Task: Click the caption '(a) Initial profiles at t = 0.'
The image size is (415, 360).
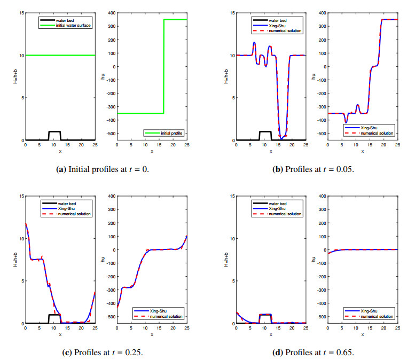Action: (103, 169)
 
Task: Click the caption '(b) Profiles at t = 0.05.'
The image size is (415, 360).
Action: (313, 169)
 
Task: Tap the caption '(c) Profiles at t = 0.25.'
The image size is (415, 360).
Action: (103, 353)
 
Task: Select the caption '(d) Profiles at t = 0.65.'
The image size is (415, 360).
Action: (313, 353)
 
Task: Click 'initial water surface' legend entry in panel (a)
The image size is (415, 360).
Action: (73, 26)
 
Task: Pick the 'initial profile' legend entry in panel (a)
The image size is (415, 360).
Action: (171, 133)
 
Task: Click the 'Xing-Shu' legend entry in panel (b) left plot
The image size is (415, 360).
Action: (277, 26)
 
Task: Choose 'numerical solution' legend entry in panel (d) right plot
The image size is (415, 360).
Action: (377, 316)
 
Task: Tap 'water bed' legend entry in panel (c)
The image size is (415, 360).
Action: (67, 204)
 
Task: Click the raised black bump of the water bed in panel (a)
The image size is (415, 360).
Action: (54, 131)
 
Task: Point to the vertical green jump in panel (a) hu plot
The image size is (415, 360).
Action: (164, 66)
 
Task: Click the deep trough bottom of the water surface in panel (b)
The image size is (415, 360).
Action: (282, 137)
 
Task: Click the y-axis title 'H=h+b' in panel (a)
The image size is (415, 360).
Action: (15, 76)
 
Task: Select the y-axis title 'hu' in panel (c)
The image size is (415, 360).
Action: (103, 260)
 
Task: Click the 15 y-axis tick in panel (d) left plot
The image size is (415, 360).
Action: (232, 196)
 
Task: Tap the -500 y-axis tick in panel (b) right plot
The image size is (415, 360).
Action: (321, 134)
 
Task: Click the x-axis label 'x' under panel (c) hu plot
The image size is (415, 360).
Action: (152, 334)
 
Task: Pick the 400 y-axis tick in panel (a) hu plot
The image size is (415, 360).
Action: (112, 13)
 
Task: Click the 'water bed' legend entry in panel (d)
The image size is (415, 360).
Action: (278, 204)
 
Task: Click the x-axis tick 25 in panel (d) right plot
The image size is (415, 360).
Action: (397, 328)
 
